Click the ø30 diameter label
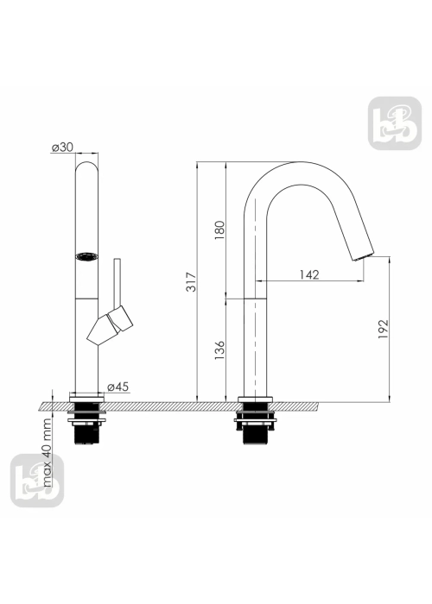tap(62, 148)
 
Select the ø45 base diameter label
tap(118, 387)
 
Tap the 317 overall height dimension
tap(191, 281)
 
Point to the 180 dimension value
tap(219, 230)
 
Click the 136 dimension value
tap(219, 349)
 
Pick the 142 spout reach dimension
tap(309, 274)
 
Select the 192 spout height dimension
tap(384, 329)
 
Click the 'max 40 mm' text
tap(47, 453)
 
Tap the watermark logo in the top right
tap(395, 123)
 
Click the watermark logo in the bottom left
tap(37, 481)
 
